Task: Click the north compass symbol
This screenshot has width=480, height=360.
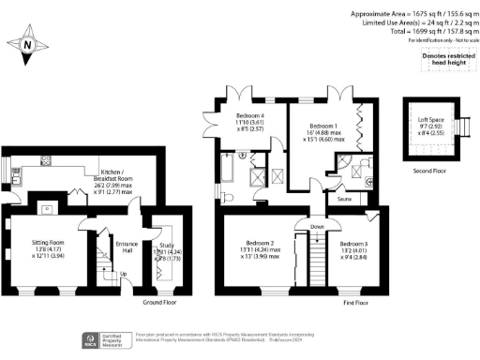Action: tap(28, 44)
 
